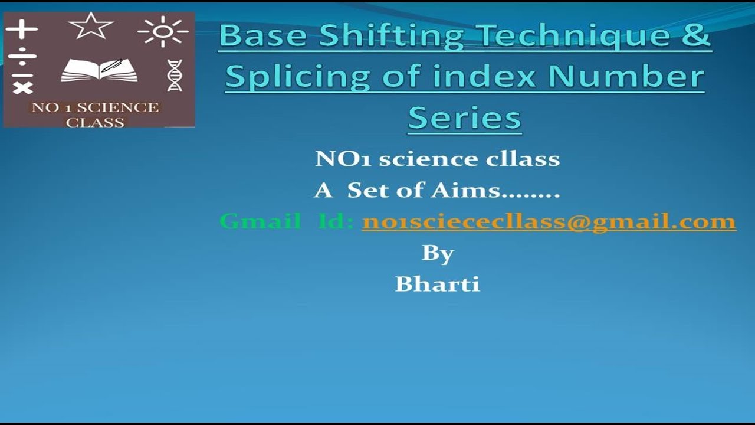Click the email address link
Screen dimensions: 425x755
click(549, 222)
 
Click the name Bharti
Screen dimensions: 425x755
click(437, 284)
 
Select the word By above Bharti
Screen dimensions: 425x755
click(437, 253)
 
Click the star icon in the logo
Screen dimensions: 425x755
click(90, 27)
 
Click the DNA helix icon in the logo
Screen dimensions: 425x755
click(175, 75)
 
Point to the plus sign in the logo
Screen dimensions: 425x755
click(22, 29)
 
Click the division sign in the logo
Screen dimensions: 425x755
click(22, 58)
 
